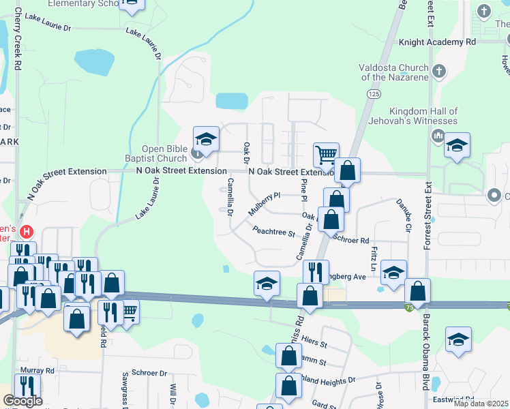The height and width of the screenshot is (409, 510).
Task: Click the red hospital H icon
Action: pos(27,232)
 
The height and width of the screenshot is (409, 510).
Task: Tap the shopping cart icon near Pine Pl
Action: pos(326,154)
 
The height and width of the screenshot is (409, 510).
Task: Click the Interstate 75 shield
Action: pos(407,307)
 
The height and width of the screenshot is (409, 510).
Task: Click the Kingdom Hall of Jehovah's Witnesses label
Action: pos(422,116)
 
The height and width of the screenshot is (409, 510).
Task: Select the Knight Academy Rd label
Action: pos(437,42)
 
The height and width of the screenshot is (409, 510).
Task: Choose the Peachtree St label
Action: pos(273,232)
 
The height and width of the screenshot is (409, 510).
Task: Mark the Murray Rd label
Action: pos(37,370)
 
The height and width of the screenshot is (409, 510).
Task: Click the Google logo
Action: pos(22,400)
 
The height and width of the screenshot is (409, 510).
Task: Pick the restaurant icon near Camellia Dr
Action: pos(315,271)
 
